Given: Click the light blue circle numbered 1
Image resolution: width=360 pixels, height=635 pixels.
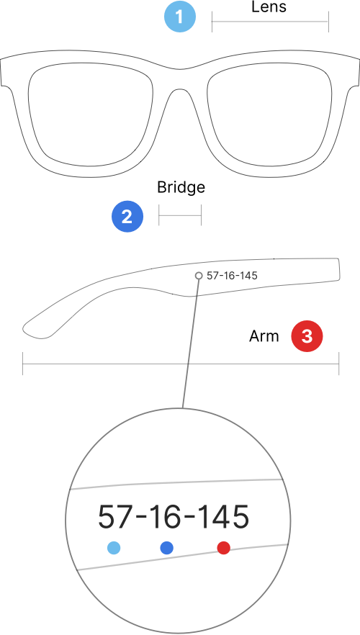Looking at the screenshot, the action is coord(180,17).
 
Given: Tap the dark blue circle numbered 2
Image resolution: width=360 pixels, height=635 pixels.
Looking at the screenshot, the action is coord(127,217).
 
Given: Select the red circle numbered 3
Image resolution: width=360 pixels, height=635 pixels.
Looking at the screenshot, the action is coord(307,336).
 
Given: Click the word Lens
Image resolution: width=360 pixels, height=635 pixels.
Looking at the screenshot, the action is coord(269,7).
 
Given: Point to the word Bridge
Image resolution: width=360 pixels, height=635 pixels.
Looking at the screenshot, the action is coord(181,187).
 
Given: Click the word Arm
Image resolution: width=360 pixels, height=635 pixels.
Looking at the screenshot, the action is coord(264,336).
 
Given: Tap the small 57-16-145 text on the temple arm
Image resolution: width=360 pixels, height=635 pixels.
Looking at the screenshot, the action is coord(232,276).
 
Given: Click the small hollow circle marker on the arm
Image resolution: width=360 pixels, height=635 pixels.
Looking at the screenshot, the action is coord(199,275).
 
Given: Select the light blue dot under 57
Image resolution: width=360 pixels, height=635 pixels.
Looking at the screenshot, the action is coord(114,548).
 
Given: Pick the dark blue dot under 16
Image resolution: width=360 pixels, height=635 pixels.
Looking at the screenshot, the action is coord(167,548).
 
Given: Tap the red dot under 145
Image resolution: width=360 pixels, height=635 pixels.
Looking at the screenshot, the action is coord(223,548).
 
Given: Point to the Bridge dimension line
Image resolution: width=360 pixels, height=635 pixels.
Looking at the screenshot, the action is coord(180,215).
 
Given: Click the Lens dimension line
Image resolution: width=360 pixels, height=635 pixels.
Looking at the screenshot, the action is coord(270,21).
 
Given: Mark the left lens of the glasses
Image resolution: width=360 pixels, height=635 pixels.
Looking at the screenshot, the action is coord(91,114).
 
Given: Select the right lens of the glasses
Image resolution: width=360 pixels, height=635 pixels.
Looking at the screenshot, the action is coord(270,114).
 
